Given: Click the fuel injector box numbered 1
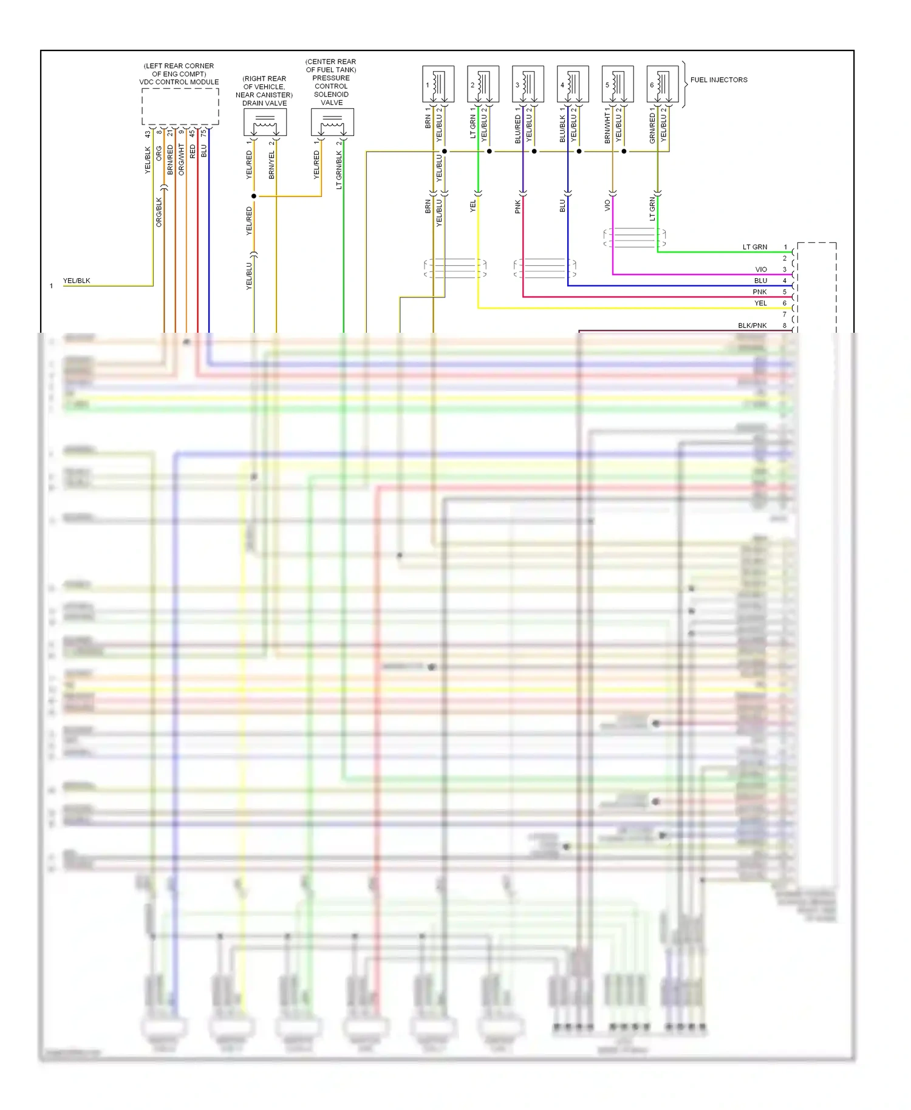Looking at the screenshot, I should [x=438, y=84].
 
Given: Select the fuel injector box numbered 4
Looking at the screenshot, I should [x=573, y=84].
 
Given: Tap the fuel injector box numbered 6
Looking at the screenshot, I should [x=663, y=84].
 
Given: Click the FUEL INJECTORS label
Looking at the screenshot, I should [x=718, y=80].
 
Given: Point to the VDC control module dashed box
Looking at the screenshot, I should [x=180, y=106].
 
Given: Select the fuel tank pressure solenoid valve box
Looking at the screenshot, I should [x=332, y=123].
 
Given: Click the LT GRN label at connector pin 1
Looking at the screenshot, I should [x=755, y=247].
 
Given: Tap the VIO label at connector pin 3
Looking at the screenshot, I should [x=761, y=270].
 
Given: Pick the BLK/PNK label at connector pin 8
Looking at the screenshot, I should [x=752, y=325].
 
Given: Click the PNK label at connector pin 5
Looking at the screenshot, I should [x=760, y=292].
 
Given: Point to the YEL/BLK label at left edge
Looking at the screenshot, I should [x=77, y=281].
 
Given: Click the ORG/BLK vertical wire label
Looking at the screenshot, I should [x=159, y=213].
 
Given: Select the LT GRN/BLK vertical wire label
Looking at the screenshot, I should [x=339, y=170].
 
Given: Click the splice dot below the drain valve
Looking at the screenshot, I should [x=254, y=196].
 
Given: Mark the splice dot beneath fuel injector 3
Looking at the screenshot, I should [x=534, y=151].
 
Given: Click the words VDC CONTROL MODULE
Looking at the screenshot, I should [x=179, y=82].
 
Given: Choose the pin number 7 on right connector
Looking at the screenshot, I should [x=785, y=315].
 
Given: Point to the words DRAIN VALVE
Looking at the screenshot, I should [x=265, y=103].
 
